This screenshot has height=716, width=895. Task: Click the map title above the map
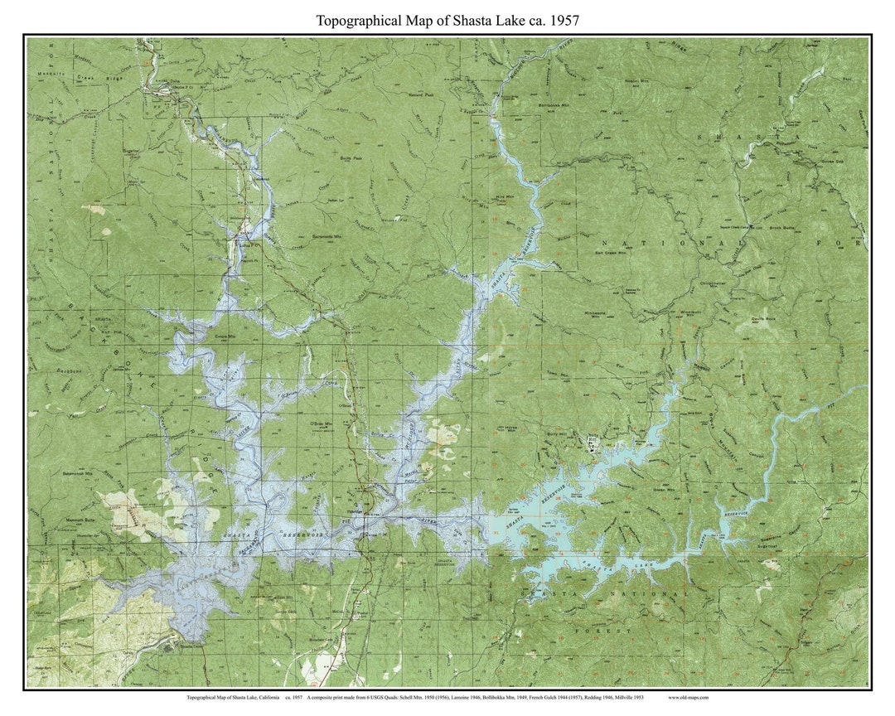(447, 21)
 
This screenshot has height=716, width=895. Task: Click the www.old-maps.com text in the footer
(688, 698)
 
